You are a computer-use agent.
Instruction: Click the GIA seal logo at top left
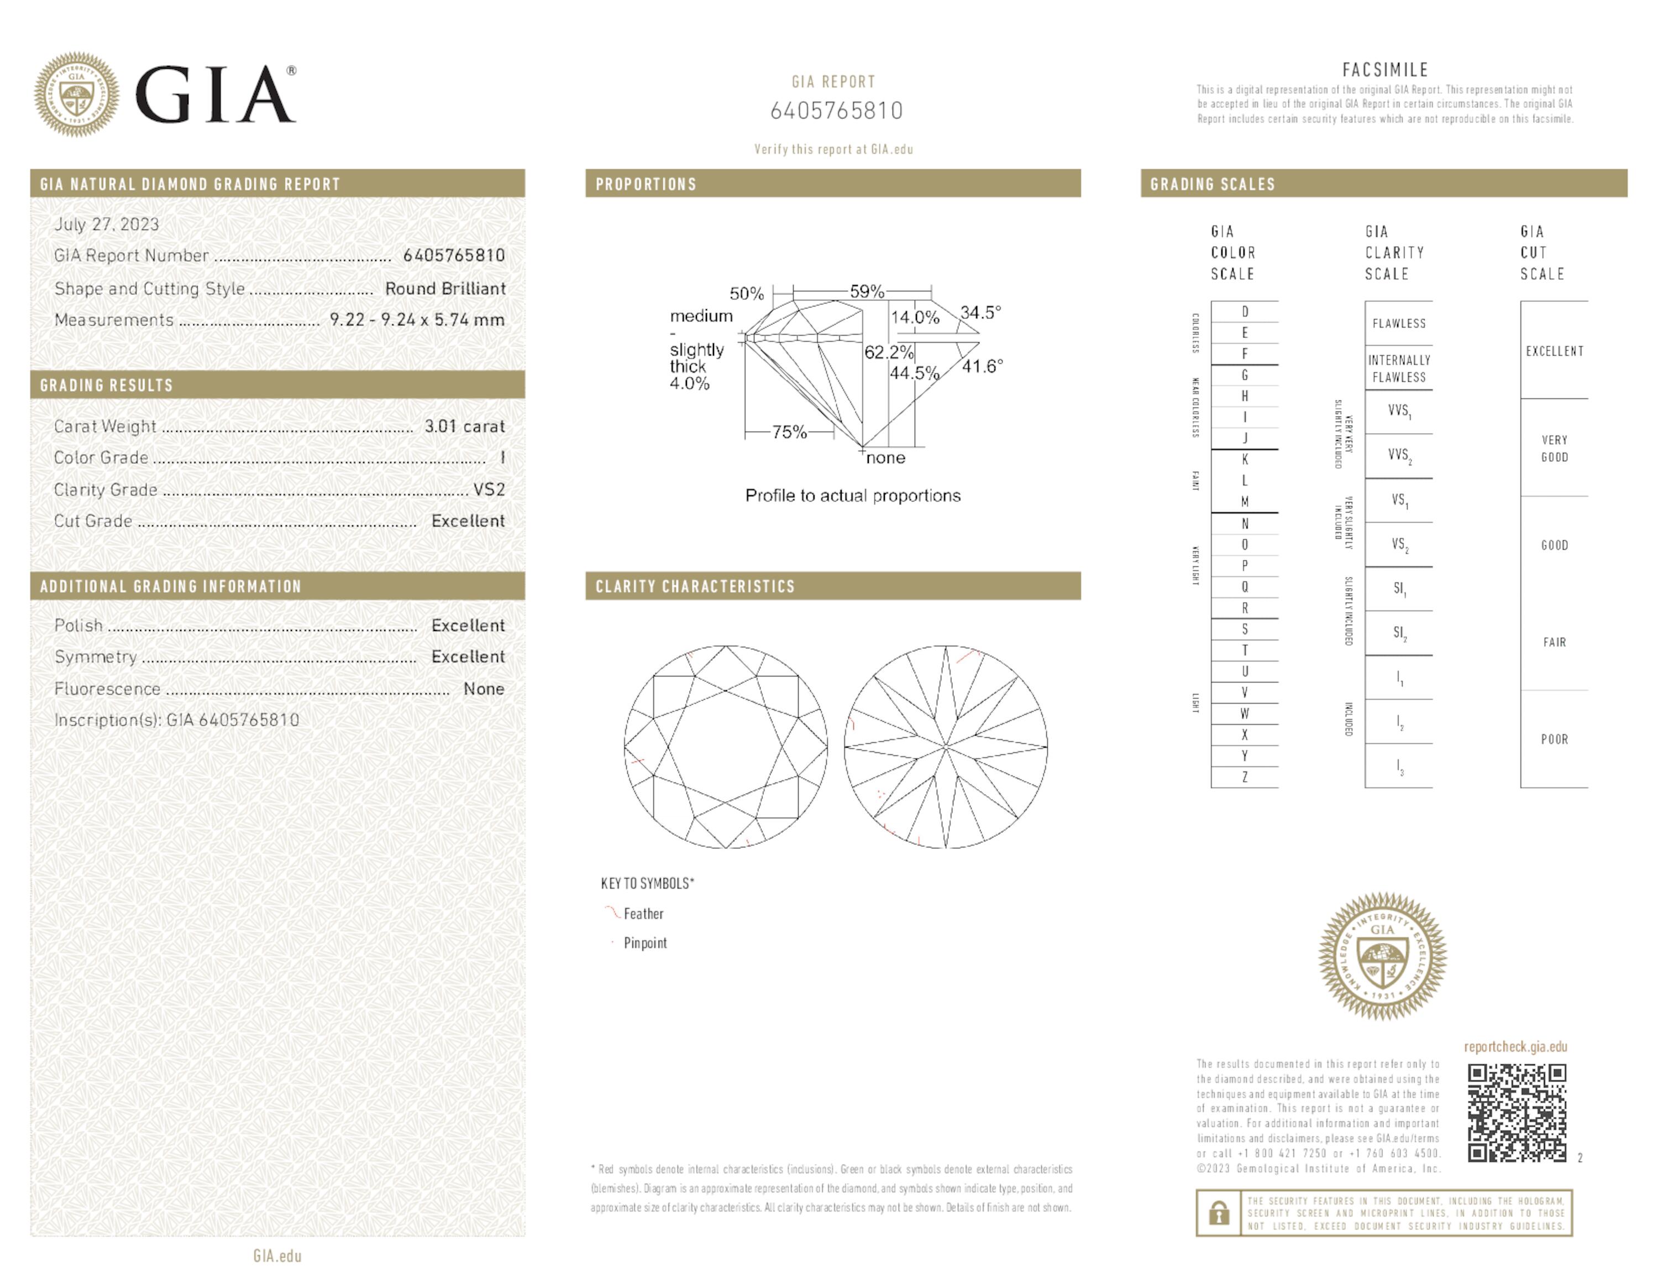76,94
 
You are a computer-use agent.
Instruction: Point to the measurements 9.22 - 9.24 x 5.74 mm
417,320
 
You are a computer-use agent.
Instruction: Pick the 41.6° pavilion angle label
982,366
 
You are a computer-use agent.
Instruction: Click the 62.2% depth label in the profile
888,352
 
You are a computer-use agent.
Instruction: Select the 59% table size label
866,291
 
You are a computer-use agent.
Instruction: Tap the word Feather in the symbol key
643,914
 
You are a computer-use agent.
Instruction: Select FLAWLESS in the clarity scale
1398,324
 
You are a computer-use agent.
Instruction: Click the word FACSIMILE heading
1384,70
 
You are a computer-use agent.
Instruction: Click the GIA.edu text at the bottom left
277,1255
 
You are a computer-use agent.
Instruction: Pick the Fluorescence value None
484,689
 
